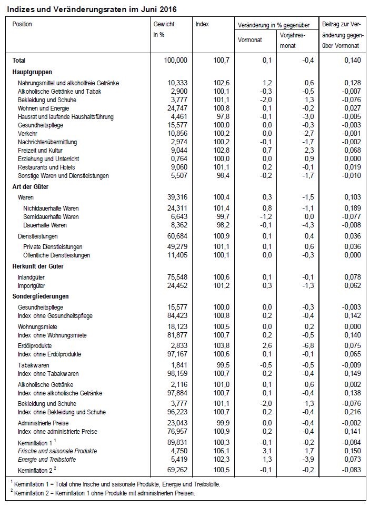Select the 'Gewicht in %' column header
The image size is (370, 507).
click(164, 29)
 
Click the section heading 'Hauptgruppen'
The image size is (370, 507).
click(32, 72)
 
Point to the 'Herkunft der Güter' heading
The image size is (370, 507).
click(38, 267)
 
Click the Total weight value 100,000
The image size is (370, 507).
click(175, 61)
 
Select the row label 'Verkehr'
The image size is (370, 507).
click(28, 134)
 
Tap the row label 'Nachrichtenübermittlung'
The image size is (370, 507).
click(47, 142)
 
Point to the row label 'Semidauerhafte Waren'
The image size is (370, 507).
click(51, 217)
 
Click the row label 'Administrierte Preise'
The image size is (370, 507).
click(43, 423)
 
